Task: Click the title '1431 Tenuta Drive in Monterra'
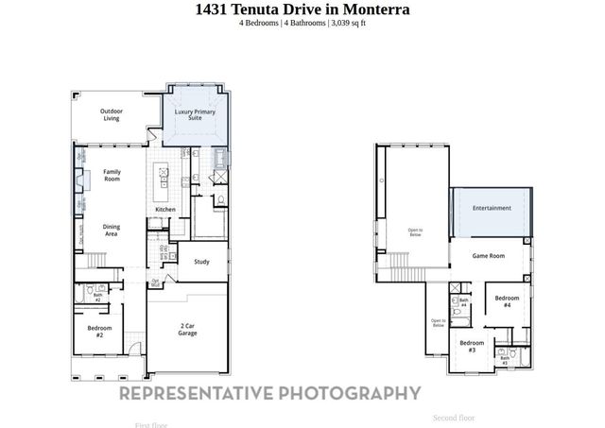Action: tap(302, 9)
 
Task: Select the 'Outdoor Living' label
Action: tap(112, 114)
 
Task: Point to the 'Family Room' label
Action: tap(112, 175)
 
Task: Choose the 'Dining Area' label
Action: tap(111, 230)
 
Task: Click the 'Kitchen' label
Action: tap(164, 210)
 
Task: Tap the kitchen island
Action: tap(163, 176)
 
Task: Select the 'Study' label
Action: tap(201, 262)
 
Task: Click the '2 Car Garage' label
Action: tap(187, 330)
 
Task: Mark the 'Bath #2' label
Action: tap(97, 297)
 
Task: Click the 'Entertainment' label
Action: tap(492, 208)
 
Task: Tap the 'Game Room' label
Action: tap(489, 256)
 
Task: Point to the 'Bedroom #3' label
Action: tap(472, 346)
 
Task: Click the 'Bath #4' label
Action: tap(463, 303)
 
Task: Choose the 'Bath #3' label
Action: tap(505, 359)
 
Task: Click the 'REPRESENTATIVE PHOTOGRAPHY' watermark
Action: tap(269, 393)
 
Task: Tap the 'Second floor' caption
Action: tap(454, 418)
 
